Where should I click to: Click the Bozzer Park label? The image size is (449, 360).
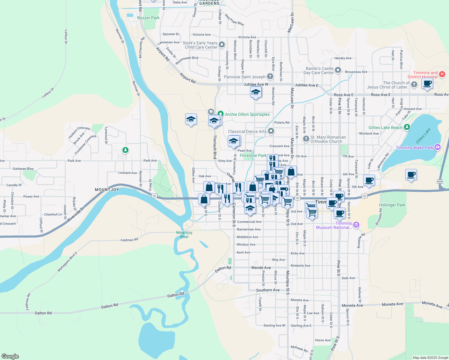[148, 18]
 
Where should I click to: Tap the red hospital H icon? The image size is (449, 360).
[442, 74]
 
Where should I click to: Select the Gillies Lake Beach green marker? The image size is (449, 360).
[407, 127]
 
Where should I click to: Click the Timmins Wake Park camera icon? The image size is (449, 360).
[437, 147]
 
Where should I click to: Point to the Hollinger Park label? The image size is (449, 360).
[392, 205]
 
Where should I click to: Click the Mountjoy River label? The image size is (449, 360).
[184, 235]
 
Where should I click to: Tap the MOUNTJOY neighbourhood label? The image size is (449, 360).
[107, 190]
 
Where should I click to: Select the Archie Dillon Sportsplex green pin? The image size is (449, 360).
[221, 114]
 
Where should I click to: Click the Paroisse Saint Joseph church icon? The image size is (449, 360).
[270, 76]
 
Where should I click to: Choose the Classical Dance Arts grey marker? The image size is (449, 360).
[271, 131]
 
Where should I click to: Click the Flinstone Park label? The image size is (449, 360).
[253, 155]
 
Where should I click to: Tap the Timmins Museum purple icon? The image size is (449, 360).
[356, 225]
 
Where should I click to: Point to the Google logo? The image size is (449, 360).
[10, 356]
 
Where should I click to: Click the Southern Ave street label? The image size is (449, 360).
[268, 290]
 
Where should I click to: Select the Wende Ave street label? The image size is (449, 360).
[261, 268]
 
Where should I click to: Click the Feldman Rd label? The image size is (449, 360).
[129, 240]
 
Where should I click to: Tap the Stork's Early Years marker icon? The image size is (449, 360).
[222, 45]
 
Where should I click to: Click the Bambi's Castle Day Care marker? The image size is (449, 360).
[338, 70]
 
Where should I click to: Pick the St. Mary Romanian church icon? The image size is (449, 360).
[306, 139]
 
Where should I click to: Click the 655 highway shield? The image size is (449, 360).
[440, 181]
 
